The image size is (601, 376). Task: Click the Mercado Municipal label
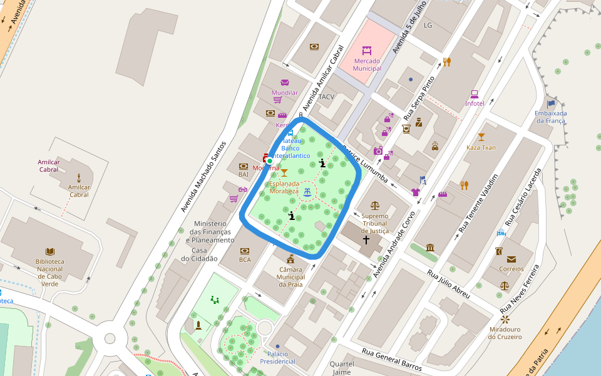coord(367,65)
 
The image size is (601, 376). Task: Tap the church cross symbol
coord(366,240)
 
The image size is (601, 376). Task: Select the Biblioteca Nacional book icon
coord(50,251)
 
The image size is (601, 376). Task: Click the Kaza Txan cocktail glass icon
coord(481,137)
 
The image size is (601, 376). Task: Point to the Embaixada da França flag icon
coord(551,104)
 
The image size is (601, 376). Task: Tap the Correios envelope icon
coord(511,259)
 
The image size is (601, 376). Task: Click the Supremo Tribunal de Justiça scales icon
coord(375,205)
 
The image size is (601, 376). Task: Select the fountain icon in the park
coord(307,192)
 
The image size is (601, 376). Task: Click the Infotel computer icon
coord(475,94)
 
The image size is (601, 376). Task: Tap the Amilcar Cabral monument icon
coord(79,178)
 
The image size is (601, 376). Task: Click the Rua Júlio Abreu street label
coord(448,283)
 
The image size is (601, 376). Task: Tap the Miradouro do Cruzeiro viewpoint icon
coord(505,319)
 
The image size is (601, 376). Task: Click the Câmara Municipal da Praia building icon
coord(290,259)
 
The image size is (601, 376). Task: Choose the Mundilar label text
coord(285,93)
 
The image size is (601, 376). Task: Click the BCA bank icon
coord(244,249)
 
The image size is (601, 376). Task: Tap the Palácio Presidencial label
coord(277,358)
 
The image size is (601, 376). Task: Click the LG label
coord(428,26)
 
